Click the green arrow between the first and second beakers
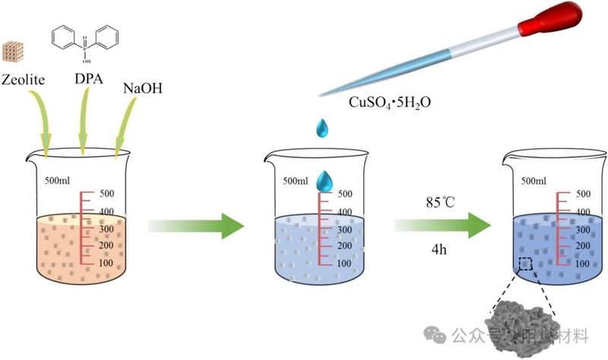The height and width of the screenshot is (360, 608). [x=196, y=226]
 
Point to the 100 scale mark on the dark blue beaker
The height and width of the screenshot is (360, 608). [x=582, y=263]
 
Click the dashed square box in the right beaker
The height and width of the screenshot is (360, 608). [x=526, y=264]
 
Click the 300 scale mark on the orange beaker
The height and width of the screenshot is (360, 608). [x=108, y=228]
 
